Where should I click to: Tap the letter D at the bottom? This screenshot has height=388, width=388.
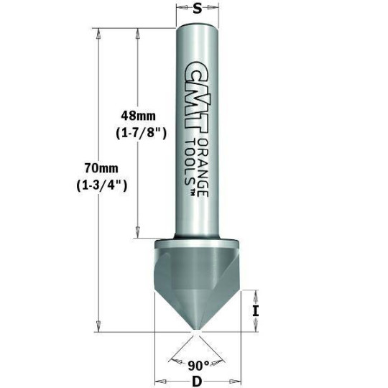tap(197, 381)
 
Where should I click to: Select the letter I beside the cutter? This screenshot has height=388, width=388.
tap(256, 310)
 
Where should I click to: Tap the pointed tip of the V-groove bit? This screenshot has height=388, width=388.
tap(195, 332)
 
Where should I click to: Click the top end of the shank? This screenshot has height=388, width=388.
tap(197, 29)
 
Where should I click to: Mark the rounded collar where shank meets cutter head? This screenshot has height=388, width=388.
tap(196, 238)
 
